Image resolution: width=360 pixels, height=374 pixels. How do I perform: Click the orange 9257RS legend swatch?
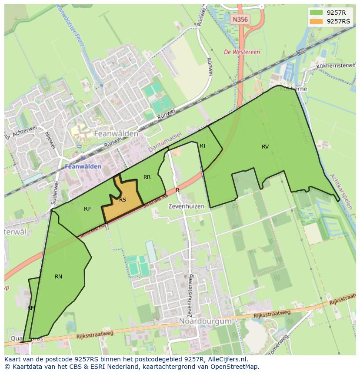point(316,21)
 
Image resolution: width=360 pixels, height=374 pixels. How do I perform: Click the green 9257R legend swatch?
point(316,13)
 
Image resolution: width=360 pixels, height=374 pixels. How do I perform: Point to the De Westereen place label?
point(242,52)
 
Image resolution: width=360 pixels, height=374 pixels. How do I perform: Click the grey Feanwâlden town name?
point(117,134)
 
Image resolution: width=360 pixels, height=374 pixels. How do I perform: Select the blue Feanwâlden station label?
point(83,166)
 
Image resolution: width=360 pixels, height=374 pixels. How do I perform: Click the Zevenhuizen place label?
point(186,206)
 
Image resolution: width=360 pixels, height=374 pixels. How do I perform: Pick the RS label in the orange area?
point(123,200)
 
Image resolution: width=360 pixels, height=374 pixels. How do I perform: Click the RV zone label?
point(265,147)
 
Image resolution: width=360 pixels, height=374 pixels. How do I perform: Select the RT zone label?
point(203,146)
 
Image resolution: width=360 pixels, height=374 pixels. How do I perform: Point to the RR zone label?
point(147,177)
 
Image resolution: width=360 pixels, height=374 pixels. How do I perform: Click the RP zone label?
point(87,209)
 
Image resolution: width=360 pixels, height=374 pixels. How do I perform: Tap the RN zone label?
point(58,277)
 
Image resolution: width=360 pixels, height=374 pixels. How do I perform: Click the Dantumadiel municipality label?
point(163,144)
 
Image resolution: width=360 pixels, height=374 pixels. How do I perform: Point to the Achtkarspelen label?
point(340,192)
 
